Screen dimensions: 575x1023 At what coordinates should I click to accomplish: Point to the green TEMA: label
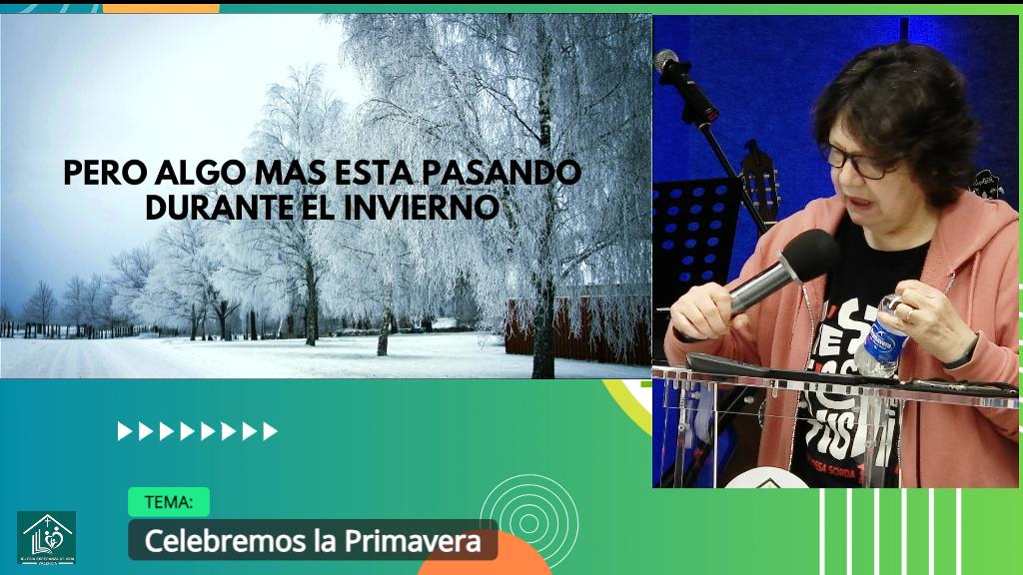pos(168,501)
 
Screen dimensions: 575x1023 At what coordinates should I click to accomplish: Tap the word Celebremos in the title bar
pos(212,541)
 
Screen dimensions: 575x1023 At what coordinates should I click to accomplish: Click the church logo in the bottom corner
pos(46,537)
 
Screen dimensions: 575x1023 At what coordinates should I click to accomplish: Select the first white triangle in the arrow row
pos(124,431)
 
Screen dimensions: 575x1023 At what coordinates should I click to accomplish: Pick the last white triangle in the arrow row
pos(271,431)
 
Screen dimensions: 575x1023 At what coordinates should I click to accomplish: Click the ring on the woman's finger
pos(908,312)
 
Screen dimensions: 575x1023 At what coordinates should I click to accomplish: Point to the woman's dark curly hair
pos(899,100)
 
